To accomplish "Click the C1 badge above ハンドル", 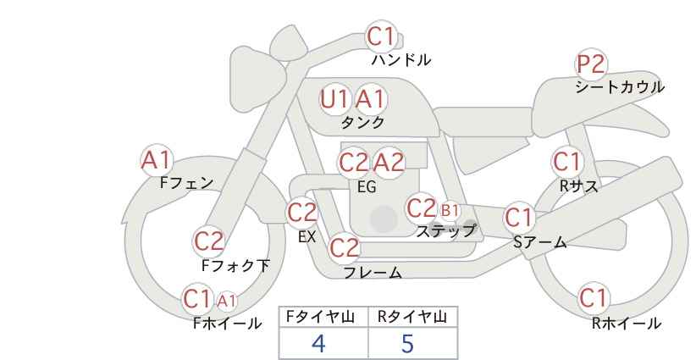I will [381, 37].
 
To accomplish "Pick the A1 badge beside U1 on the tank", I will [370, 99].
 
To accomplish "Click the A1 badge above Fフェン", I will [156, 159].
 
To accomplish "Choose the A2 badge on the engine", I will [389, 162].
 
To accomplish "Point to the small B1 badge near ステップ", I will [450, 210].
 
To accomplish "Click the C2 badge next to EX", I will [302, 213].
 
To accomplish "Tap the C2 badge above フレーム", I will [344, 248].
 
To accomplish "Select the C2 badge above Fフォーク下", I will [208, 241].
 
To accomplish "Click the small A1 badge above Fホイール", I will [227, 300].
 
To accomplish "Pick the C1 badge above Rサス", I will [567, 160].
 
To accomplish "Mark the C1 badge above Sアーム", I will [519, 217].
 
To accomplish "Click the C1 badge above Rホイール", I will [594, 297].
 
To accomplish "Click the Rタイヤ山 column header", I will [412, 317].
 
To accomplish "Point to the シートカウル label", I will [619, 87].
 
